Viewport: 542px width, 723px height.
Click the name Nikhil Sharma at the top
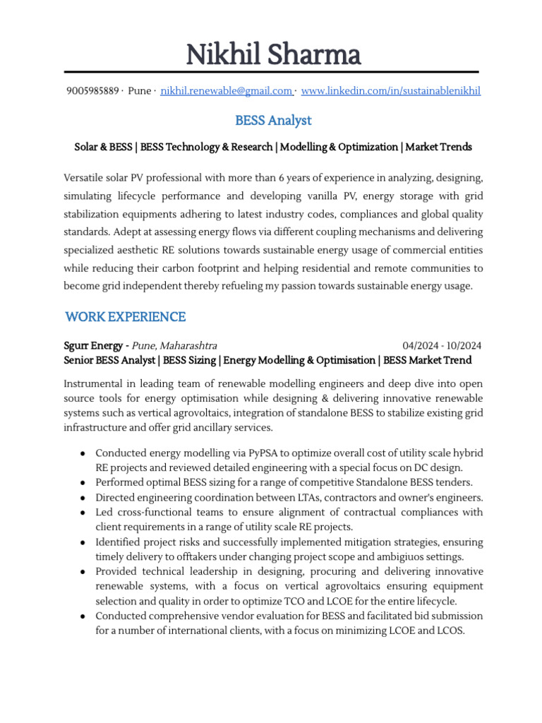(x=273, y=54)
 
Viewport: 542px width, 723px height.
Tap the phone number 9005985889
(x=92, y=91)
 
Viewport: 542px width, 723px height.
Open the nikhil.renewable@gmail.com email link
(x=227, y=91)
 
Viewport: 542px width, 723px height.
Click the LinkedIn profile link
(x=390, y=91)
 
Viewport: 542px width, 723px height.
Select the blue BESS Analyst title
(x=273, y=121)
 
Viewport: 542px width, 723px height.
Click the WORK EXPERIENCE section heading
(x=125, y=317)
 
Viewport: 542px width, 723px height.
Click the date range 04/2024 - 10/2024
(x=442, y=346)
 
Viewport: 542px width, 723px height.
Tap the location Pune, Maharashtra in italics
(x=175, y=346)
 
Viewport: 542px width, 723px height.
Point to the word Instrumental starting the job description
(x=95, y=384)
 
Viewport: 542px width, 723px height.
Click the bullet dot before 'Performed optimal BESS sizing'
(x=83, y=483)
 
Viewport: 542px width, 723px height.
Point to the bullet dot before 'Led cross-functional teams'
(x=83, y=513)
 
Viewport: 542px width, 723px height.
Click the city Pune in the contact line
(x=140, y=91)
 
